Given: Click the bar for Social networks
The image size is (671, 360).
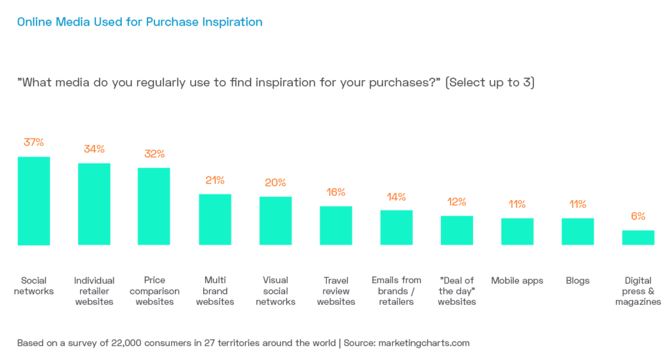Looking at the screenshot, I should (x=33, y=201).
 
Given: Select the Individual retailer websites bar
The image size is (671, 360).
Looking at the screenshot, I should (x=94, y=204).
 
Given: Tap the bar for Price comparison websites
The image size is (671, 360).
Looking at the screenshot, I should (x=153, y=207).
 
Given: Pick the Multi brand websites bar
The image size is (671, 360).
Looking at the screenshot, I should (x=215, y=220).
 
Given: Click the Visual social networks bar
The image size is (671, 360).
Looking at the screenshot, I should (x=275, y=221).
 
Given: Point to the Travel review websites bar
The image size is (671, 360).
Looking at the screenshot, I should (x=335, y=226).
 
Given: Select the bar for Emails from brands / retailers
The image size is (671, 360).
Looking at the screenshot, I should (x=396, y=228).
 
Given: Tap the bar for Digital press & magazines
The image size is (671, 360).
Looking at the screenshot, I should (x=638, y=238).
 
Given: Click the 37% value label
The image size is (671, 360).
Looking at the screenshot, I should (x=33, y=142).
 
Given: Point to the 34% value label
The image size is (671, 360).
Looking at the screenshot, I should (x=94, y=149).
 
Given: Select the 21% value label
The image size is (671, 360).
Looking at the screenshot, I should (x=215, y=180).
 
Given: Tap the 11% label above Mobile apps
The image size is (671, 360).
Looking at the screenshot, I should (x=517, y=205).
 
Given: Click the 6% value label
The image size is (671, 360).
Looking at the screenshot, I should (x=638, y=216).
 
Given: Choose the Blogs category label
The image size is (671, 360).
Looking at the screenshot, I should (x=578, y=281).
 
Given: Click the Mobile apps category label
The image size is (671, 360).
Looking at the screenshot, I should (x=517, y=281).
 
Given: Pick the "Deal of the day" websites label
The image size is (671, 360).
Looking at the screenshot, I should (x=457, y=291).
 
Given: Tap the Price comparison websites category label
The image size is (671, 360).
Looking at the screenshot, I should (x=154, y=291).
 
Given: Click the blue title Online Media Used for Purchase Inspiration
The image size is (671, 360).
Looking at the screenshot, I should (x=140, y=22).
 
